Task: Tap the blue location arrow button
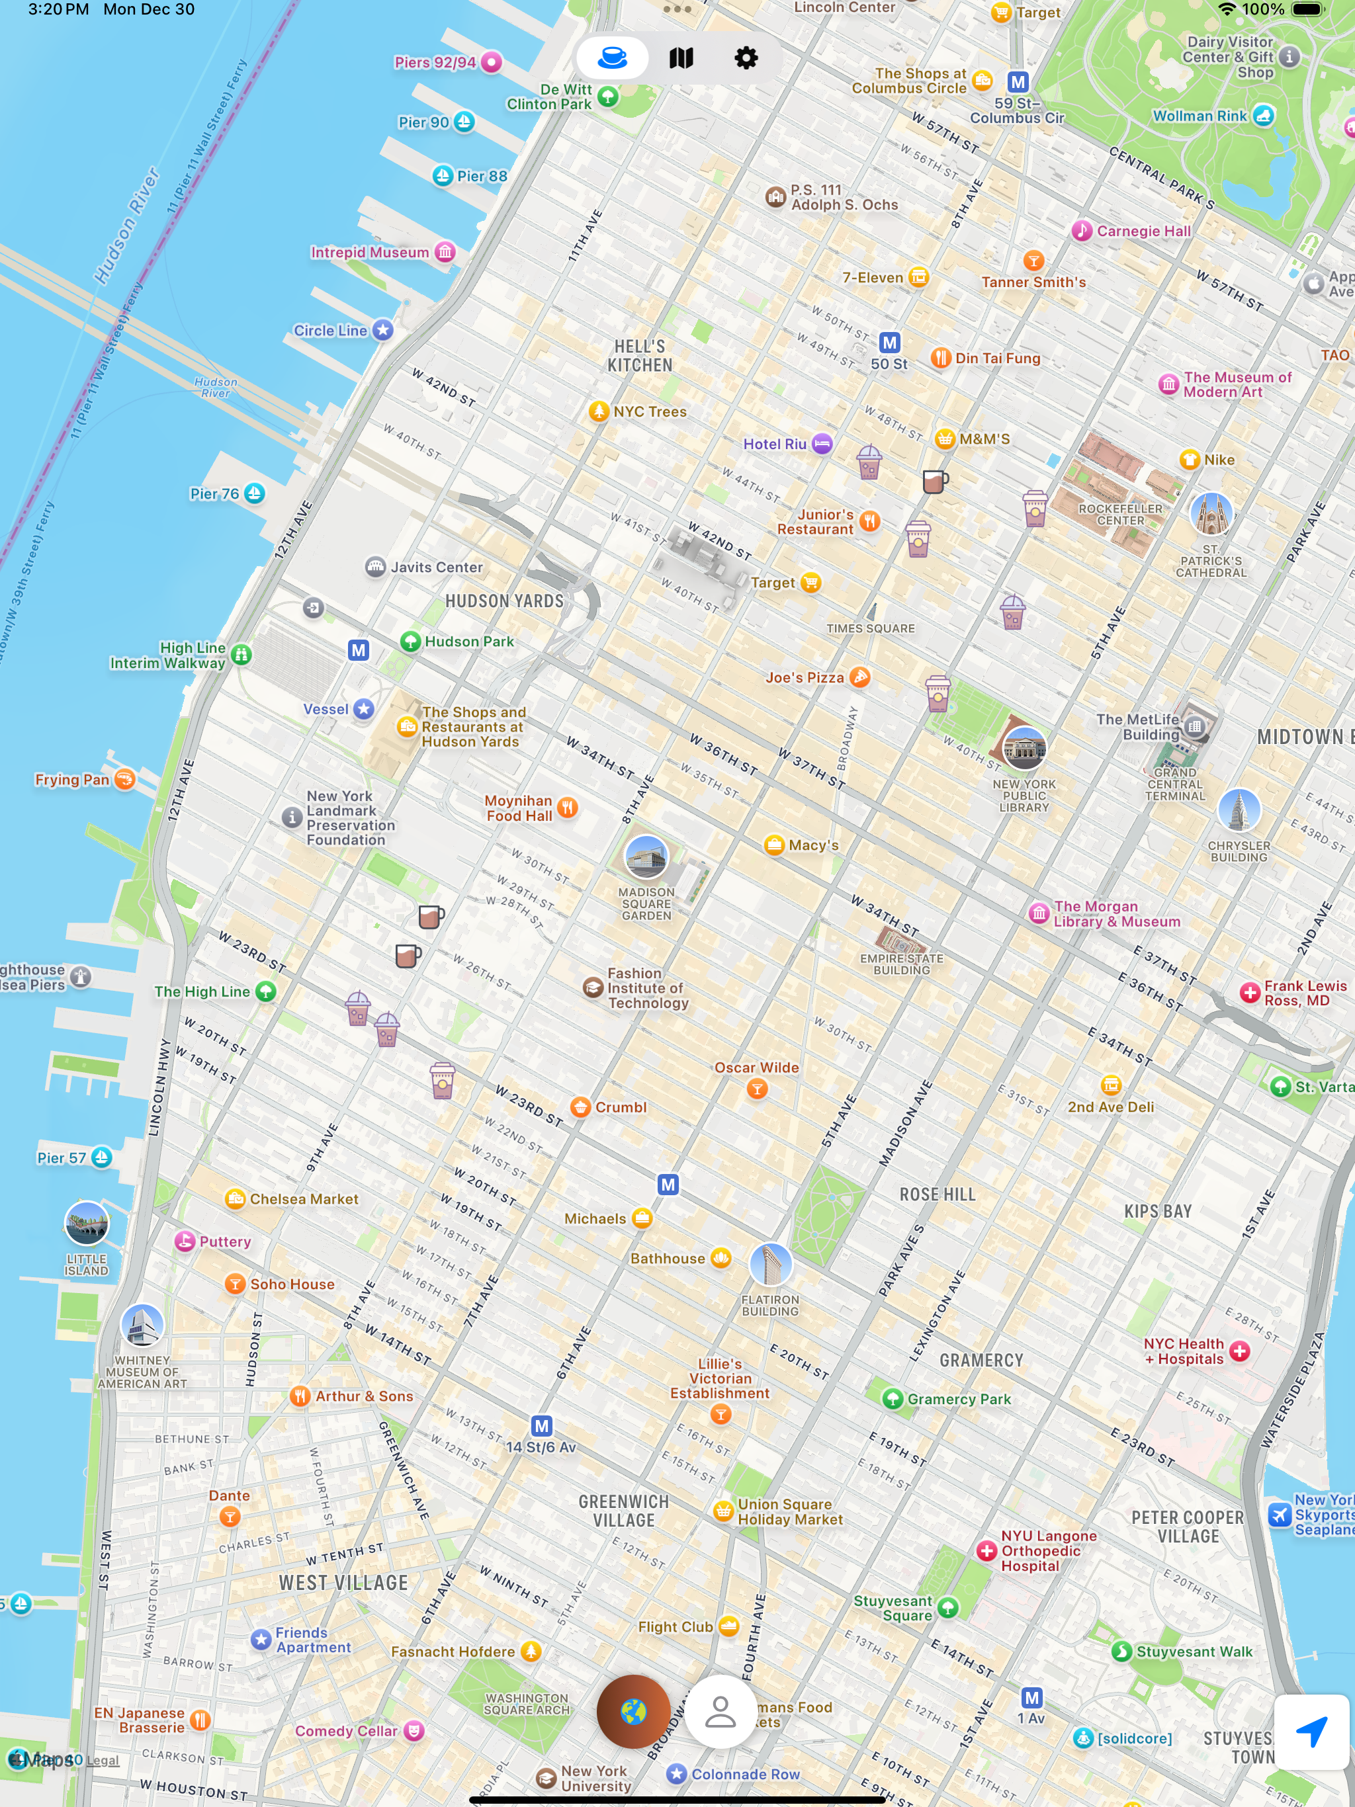[1311, 1731]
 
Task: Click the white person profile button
[720, 1711]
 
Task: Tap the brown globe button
[633, 1711]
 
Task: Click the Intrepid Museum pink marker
[445, 251]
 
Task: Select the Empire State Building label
[900, 964]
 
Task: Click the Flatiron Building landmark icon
[770, 1264]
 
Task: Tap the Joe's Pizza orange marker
[859, 677]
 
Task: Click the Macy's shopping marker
[774, 845]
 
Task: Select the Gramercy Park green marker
[893, 1398]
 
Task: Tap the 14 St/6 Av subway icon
[541, 1426]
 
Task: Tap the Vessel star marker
[364, 709]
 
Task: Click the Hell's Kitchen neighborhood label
[639, 356]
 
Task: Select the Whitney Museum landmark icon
[142, 1325]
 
